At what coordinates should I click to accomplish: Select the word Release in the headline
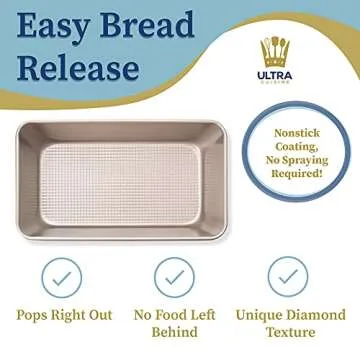[x=76, y=68]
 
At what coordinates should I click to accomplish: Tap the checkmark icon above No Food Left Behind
[x=174, y=275]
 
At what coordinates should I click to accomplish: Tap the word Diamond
[x=318, y=315]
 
